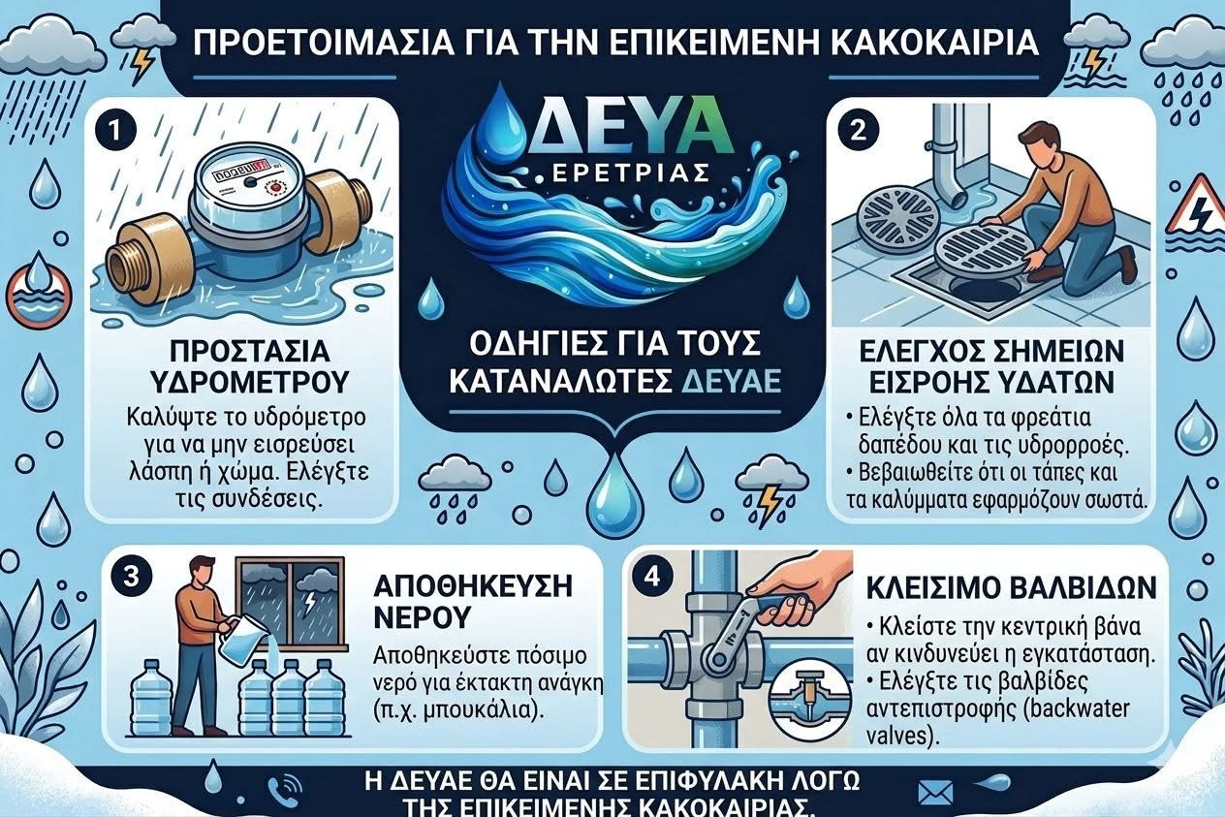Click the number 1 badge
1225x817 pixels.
pos(113,133)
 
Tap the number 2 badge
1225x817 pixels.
pos(858,131)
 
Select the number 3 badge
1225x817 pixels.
pos(130,578)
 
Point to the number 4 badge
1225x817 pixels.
pos(652,578)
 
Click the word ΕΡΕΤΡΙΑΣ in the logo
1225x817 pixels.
pos(624,173)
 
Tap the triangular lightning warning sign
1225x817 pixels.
pos(1198,206)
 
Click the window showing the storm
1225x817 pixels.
pos(290,602)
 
